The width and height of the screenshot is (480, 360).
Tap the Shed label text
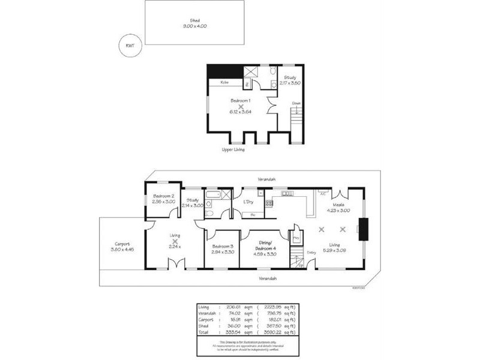[x=195, y=20]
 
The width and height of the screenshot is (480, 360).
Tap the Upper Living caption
[x=233, y=149]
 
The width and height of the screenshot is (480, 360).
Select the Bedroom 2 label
[x=163, y=196]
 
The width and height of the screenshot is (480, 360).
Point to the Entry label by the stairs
[x=311, y=253]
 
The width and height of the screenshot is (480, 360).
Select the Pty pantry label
[x=296, y=238]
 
